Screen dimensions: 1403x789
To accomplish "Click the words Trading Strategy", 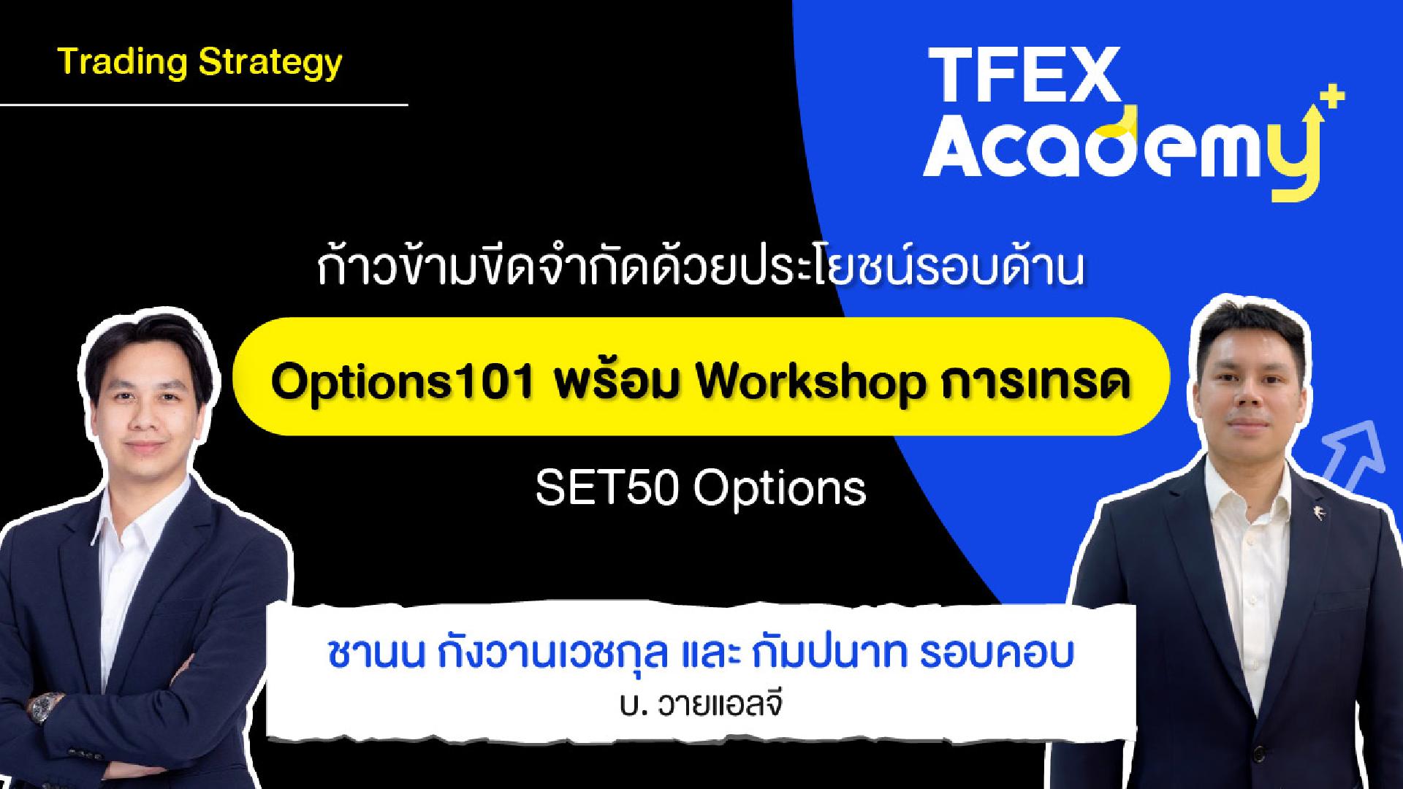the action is coord(199,63).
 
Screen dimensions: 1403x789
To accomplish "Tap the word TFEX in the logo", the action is coord(1022,75).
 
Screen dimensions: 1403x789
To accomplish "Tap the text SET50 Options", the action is coord(701,488).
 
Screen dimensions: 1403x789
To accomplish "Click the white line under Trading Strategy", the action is coord(204,105).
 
